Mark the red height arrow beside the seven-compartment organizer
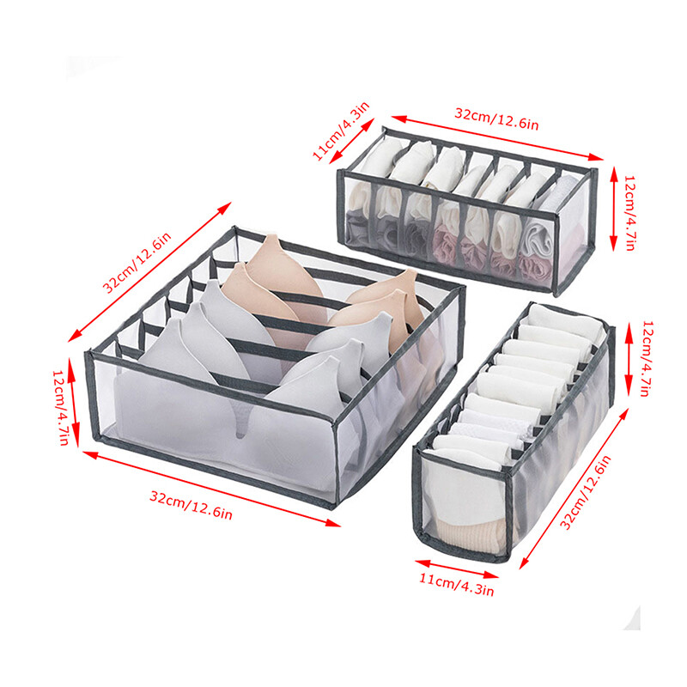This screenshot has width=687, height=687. [x=614, y=209]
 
